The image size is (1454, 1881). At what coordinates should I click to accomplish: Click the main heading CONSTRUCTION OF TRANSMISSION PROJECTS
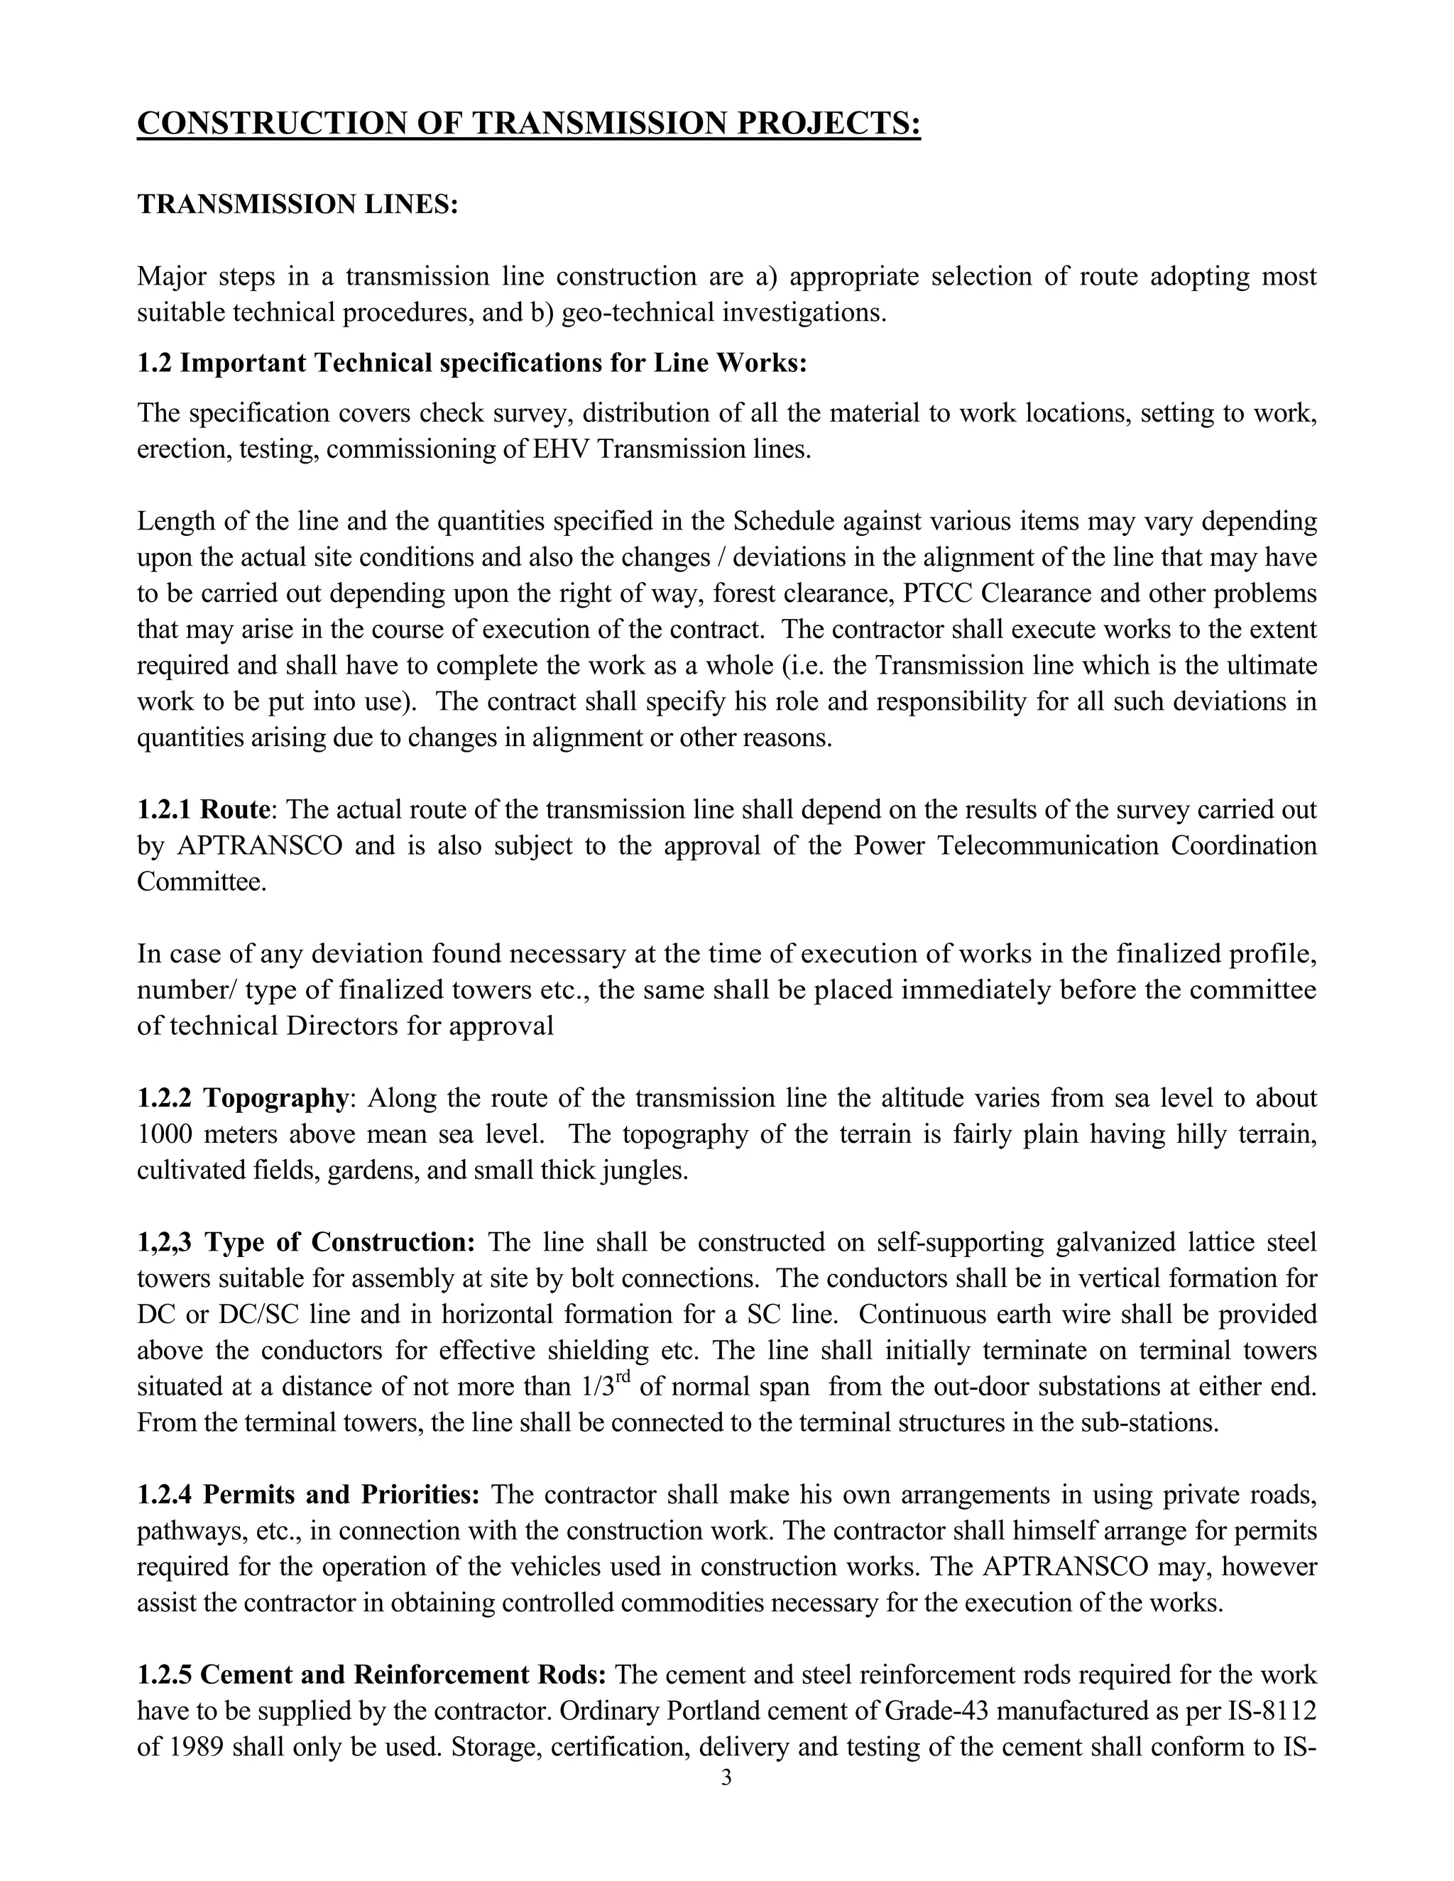529,124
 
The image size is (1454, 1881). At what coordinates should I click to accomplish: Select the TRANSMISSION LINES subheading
297,205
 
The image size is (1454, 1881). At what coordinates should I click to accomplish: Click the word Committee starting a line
202,882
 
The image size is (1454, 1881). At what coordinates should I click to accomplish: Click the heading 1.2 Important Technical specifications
472,363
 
